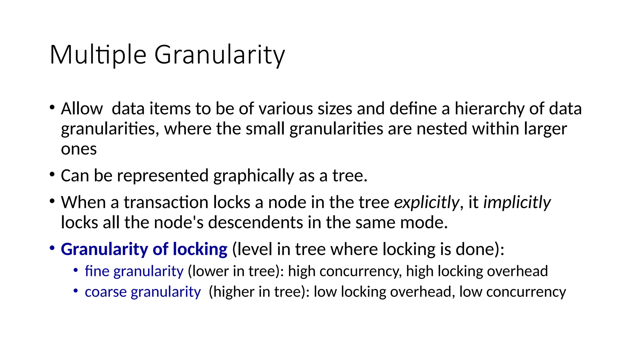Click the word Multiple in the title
click(98, 55)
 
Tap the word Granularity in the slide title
click(219, 55)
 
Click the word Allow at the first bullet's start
click(82, 109)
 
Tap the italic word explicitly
click(427, 202)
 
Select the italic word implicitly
click(517, 202)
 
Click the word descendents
click(255, 222)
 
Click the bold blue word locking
click(200, 249)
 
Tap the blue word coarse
click(106, 292)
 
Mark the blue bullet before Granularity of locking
click(52, 248)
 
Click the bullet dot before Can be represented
click(52, 174)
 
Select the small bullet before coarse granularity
click(76, 291)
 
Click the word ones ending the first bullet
click(79, 149)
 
